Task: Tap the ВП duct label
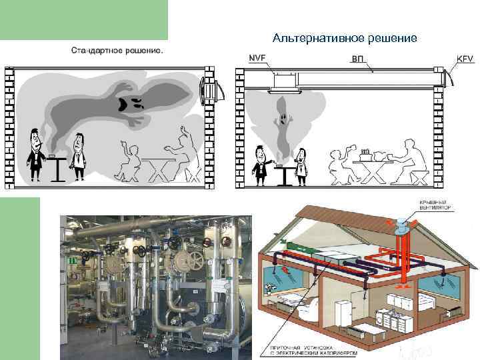[358, 59]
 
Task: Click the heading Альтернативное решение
[345, 38]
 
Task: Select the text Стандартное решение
[116, 50]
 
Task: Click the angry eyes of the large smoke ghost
[129, 103]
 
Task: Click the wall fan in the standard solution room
[212, 90]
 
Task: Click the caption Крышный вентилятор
[435, 205]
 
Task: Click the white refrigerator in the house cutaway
[343, 313]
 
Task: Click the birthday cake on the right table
[365, 155]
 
